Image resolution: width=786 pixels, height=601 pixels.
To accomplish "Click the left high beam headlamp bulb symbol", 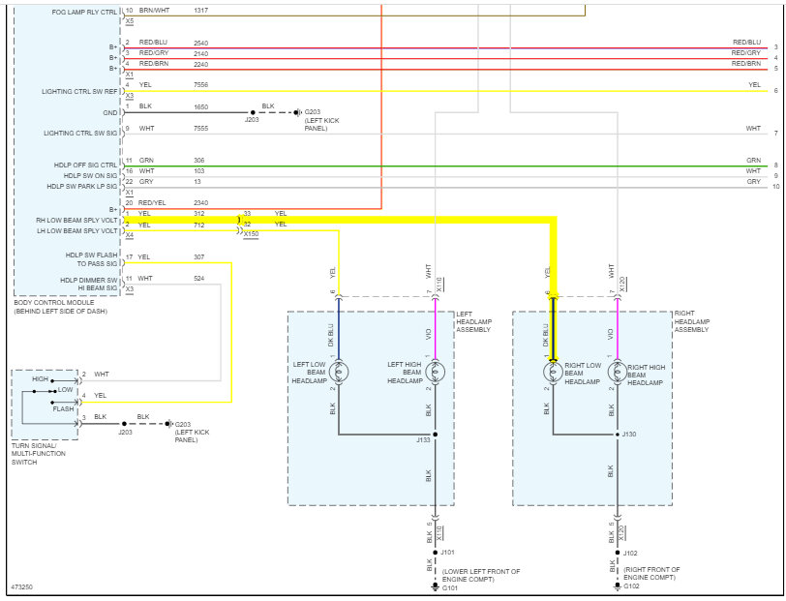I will [435, 371].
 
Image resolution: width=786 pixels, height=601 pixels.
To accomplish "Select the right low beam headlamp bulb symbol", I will [553, 371].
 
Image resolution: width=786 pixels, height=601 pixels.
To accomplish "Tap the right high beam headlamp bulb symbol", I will [618, 371].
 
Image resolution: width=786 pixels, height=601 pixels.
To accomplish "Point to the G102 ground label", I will [631, 586].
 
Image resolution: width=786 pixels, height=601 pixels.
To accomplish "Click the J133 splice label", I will [423, 440].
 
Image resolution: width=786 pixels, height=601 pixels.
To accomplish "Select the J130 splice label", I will [629, 435].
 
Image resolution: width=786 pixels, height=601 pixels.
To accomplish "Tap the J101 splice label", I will [446, 554].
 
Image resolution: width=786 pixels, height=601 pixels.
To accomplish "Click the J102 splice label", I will [630, 554].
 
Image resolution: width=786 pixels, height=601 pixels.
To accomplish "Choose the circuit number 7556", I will [200, 84].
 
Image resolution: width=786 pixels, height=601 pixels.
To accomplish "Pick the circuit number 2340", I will [200, 203].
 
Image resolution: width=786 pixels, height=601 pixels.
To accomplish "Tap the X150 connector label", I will [251, 233].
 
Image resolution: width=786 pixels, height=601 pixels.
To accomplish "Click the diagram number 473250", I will [21, 586].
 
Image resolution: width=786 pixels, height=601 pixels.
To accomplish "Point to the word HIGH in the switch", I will [41, 379].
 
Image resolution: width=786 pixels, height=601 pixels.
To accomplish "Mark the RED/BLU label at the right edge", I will [746, 43].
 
